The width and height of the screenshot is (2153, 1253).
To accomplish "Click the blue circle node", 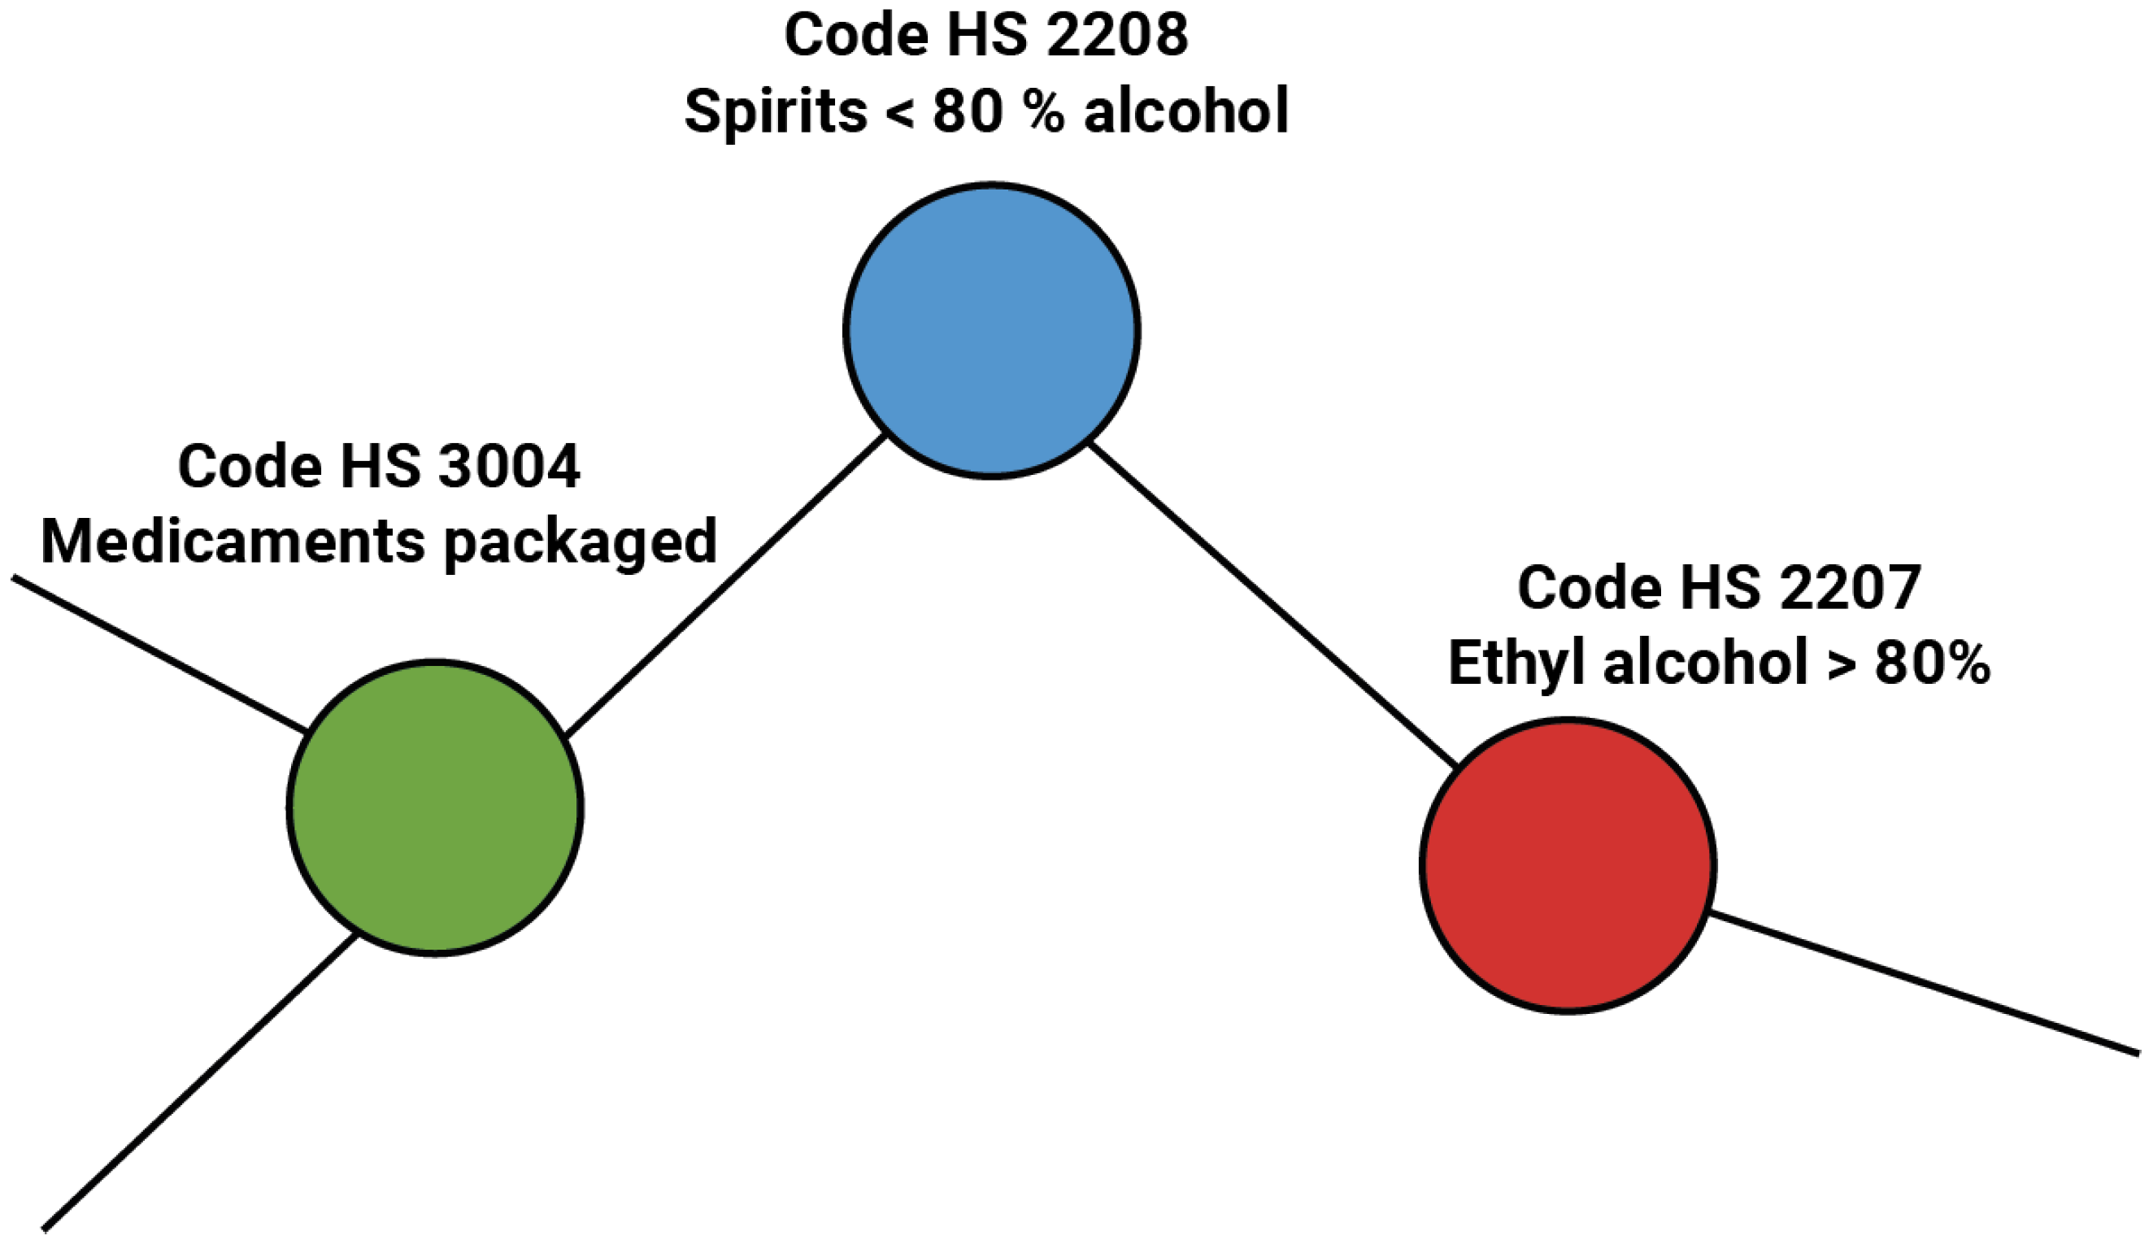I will pos(991,329).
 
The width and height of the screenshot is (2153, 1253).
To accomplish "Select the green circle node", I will pos(435,808).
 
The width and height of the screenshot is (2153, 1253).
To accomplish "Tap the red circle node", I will pos(1567,866).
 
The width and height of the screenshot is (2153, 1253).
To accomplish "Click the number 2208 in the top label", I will pos(1116,36).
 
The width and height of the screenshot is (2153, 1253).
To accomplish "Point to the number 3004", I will pos(509,468).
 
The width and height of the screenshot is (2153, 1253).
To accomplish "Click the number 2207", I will pos(1850,589).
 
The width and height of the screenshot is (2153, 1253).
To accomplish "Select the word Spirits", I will pos(776,112).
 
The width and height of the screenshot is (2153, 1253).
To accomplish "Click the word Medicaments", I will pos(233,542).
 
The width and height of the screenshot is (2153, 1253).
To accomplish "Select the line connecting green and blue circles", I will pos(726,585).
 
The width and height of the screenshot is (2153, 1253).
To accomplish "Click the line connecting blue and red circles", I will pos(1273,605).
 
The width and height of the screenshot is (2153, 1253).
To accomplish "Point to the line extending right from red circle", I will pos(1922,984).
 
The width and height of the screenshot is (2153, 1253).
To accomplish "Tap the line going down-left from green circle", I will pos(201,1082).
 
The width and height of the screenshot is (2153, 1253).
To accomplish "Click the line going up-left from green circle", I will pos(159,655).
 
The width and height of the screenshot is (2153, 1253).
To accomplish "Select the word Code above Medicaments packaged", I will pos(250,468).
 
